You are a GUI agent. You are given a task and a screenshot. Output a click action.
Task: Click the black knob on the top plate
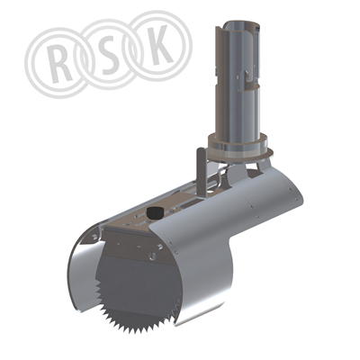[155, 213]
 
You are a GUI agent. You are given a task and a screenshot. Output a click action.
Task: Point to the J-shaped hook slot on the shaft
[246, 79]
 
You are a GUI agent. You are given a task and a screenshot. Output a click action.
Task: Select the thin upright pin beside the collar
[201, 173]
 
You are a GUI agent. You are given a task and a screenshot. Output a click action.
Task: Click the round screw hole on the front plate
[152, 256]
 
